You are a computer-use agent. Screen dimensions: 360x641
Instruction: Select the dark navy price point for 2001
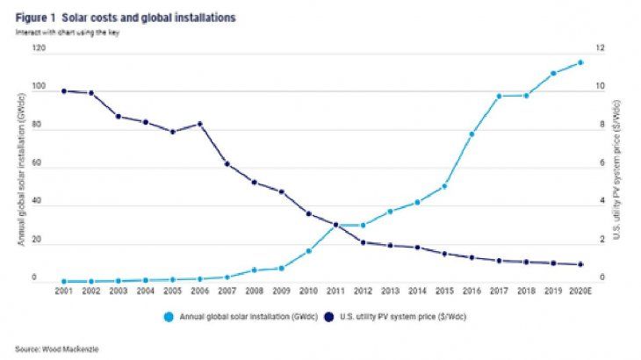pos(64,90)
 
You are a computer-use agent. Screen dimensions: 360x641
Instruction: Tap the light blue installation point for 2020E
pos(580,62)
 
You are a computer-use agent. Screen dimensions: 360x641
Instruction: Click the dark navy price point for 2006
pos(199,124)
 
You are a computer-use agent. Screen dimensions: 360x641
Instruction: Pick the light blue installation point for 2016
pos(472,134)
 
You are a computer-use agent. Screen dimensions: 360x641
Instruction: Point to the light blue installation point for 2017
pos(499,96)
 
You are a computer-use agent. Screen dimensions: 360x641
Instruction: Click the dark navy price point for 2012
pos(363,241)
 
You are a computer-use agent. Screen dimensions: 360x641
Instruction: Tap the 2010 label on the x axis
pos(308,292)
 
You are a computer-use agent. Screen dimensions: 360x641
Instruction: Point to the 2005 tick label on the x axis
pos(172,292)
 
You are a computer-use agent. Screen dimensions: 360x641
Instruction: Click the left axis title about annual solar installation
pos(19,167)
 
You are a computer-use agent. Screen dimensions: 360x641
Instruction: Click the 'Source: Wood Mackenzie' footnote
pos(50,349)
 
